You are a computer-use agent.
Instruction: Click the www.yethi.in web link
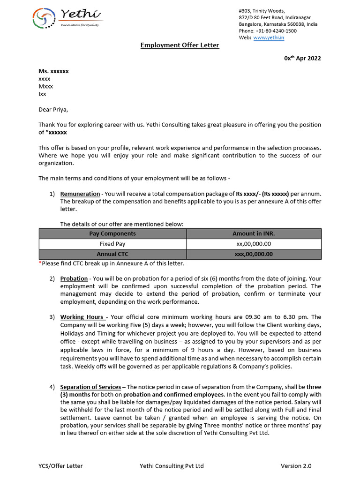pos(269,37)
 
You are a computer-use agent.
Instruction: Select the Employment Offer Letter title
pos(180,45)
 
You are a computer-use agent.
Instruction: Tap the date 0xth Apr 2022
pos(302,58)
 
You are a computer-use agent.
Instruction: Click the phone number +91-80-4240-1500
pos(275,31)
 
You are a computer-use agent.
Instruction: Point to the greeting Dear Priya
pos(53,110)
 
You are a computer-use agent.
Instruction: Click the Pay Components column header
pos(112,233)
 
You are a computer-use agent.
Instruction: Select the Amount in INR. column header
pos(254,233)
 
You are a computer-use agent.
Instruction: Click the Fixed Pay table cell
pos(112,244)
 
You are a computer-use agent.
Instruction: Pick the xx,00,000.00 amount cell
pos(254,244)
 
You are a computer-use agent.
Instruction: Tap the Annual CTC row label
pos(112,254)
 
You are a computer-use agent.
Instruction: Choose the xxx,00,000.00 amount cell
pos(254,254)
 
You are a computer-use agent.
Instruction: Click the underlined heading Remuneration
pos(80,194)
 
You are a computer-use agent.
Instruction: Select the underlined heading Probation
pos(74,278)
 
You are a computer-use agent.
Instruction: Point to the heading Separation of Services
pos(90,387)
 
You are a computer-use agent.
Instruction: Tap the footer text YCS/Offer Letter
pos(60,466)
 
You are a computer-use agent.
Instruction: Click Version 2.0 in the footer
pos(296,466)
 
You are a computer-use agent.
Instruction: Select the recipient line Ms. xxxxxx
pos(53,71)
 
